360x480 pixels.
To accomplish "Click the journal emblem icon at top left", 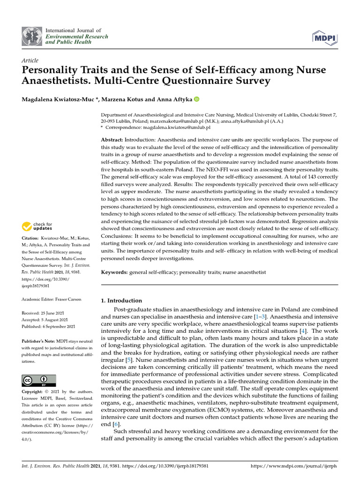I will coord(31,36).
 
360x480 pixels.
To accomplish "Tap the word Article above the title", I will coord(30,60).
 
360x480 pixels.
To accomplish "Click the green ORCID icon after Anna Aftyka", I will coord(196,99).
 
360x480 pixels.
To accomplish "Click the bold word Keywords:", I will coord(114,272).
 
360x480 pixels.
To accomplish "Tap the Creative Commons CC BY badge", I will coord(39,380).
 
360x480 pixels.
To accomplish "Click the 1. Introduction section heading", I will coord(121,300).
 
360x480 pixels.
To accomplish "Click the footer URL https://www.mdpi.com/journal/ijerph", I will coord(294,467).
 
